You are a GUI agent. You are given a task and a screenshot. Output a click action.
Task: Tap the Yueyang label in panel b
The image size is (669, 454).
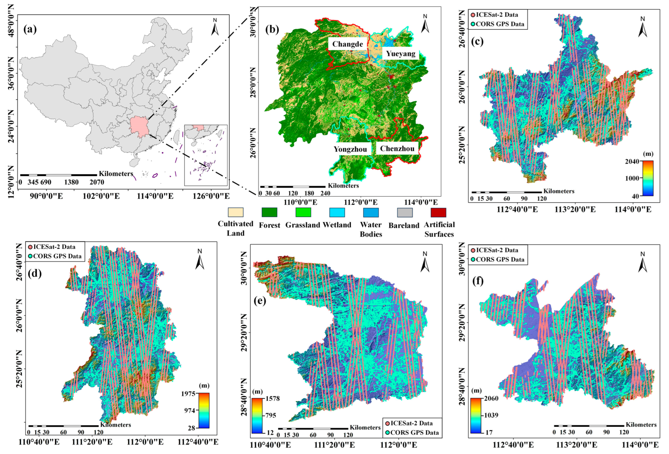point(401,54)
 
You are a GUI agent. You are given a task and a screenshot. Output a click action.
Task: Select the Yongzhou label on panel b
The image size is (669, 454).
point(350,149)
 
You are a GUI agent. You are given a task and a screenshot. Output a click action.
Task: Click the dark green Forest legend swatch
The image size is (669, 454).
point(269,212)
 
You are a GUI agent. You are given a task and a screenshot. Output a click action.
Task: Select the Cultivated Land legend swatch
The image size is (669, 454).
point(235,212)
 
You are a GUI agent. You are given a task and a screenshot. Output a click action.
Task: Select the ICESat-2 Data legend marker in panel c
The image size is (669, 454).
point(473,15)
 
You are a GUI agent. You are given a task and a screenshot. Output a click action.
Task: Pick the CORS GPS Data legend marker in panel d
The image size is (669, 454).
point(30,256)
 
